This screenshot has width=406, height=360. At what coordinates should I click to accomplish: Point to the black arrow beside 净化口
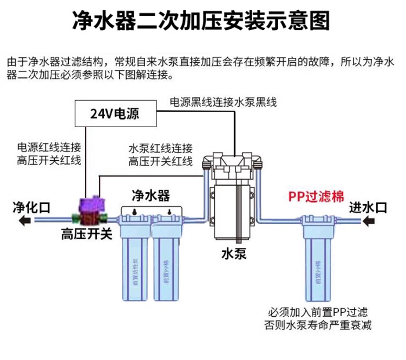click(24, 220)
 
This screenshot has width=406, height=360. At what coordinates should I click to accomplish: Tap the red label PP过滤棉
click(316, 197)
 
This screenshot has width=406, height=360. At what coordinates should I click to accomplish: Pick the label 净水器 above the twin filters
click(151, 195)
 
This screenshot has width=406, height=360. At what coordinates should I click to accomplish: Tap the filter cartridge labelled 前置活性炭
click(134, 260)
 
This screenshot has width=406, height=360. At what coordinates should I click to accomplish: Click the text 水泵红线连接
click(160, 148)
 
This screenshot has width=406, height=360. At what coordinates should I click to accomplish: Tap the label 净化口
click(31, 206)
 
